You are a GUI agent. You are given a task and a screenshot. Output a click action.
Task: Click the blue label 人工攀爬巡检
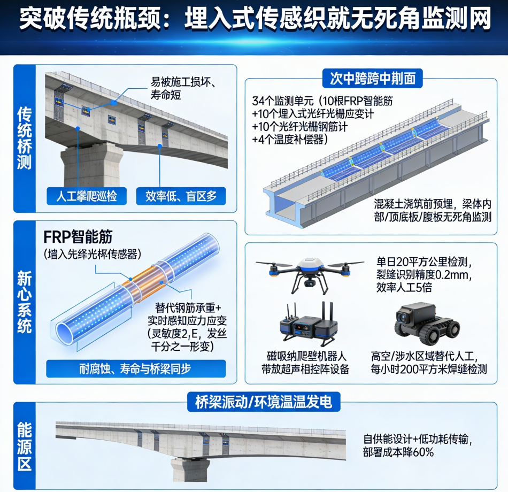pyautogui.click(x=87, y=196)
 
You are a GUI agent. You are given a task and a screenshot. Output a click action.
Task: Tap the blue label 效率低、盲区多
pyautogui.click(x=181, y=196)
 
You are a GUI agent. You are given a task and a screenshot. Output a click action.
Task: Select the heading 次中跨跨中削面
pyautogui.click(x=373, y=79)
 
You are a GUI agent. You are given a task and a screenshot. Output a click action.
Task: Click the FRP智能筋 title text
pyautogui.click(x=78, y=237)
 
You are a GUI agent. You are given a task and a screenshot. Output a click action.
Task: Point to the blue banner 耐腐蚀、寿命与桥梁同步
pyautogui.click(x=136, y=369)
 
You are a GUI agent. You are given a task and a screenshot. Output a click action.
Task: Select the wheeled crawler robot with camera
pyautogui.click(x=427, y=325)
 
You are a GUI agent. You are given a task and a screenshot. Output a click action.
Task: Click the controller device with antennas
pyautogui.click(x=308, y=324)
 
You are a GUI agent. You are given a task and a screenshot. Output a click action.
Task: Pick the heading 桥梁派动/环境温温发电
pyautogui.click(x=264, y=402)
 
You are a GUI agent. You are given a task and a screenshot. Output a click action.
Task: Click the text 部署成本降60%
pyautogui.click(x=398, y=452)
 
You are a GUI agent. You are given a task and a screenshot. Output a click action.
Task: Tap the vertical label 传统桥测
pyautogui.click(x=25, y=139)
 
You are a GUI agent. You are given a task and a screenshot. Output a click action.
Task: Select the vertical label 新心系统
pyautogui.click(x=25, y=302)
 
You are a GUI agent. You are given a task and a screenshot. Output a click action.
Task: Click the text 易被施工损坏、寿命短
pyautogui.click(x=183, y=88)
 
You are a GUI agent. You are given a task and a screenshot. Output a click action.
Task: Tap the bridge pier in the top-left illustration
pyautogui.click(x=92, y=166)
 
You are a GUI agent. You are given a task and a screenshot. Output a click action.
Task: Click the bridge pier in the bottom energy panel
pyautogui.click(x=190, y=470)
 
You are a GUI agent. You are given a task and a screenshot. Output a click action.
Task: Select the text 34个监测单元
pyautogui.click(x=283, y=101)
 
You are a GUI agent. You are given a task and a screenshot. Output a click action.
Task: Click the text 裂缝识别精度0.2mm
pyautogui.click(x=423, y=275)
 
